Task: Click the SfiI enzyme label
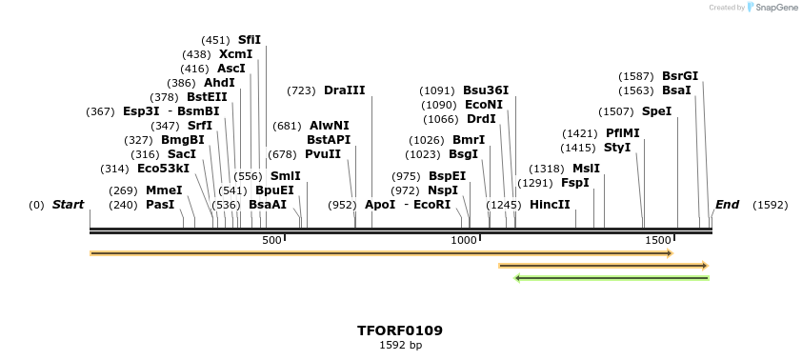pyautogui.click(x=250, y=40)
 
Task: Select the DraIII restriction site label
pyautogui.click(x=345, y=90)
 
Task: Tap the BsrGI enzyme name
pyautogui.click(x=680, y=76)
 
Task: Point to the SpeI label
pyautogui.click(x=656, y=111)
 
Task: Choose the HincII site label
pyautogui.click(x=550, y=205)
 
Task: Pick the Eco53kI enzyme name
pyautogui.click(x=163, y=169)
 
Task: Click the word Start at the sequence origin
pyautogui.click(x=68, y=205)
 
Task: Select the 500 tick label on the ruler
pyautogui.click(x=272, y=240)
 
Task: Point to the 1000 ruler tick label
pyautogui.click(x=463, y=240)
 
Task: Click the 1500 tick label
pyautogui.click(x=658, y=240)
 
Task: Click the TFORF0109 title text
pyautogui.click(x=400, y=330)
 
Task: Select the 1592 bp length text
pyautogui.click(x=400, y=345)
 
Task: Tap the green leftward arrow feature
pyautogui.click(x=612, y=278)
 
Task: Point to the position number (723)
pyautogui.click(x=301, y=90)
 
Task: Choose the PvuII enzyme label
pyautogui.click(x=323, y=154)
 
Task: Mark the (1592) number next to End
pyautogui.click(x=771, y=205)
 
